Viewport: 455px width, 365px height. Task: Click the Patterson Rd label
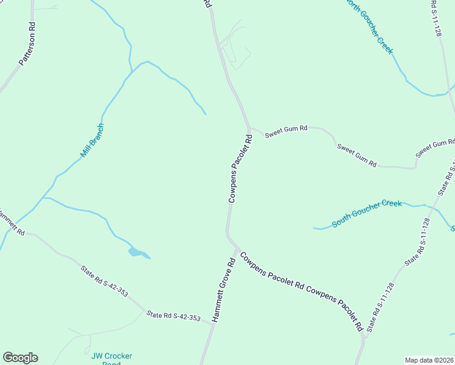(28, 44)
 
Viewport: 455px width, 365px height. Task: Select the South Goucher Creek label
(366, 213)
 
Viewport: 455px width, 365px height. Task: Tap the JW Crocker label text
(111, 356)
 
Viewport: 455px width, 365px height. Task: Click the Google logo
(20, 358)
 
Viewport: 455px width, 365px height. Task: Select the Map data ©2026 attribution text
(429, 360)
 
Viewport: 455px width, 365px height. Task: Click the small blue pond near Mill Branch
(137, 252)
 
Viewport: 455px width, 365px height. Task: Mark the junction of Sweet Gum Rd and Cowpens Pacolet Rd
(249, 128)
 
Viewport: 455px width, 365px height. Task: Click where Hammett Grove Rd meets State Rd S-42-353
(213, 324)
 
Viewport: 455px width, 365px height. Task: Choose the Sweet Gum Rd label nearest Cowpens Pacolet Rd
(286, 131)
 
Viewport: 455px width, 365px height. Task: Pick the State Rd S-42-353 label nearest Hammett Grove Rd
(173, 316)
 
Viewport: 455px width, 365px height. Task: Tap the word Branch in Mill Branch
(97, 135)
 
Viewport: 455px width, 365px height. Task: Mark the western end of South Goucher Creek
(314, 228)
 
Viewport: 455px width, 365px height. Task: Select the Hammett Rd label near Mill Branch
(11, 222)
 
